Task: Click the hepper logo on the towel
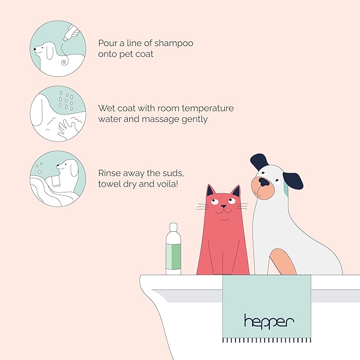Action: click(x=269, y=320)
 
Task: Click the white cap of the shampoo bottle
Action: click(x=173, y=228)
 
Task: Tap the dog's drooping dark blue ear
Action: click(x=293, y=180)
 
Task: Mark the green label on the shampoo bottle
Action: click(x=173, y=255)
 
